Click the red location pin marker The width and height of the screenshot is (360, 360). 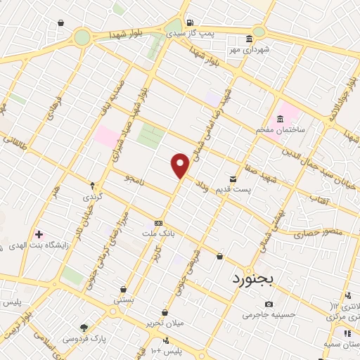click(x=181, y=165)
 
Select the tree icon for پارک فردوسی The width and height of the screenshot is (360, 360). click(x=84, y=328)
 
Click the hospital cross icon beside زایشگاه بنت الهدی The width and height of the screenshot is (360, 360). click(x=39, y=234)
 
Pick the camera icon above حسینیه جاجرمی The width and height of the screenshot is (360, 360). click(x=269, y=304)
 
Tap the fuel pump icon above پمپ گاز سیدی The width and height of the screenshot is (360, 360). click(x=186, y=22)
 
